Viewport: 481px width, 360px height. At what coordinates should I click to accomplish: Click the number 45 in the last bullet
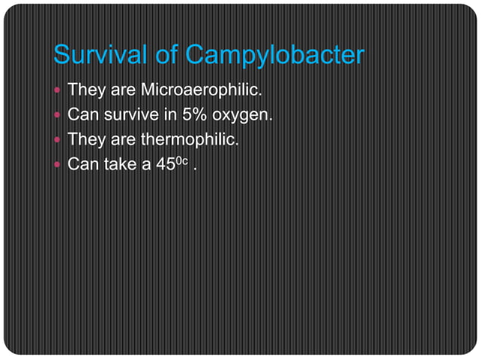[x=164, y=163]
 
